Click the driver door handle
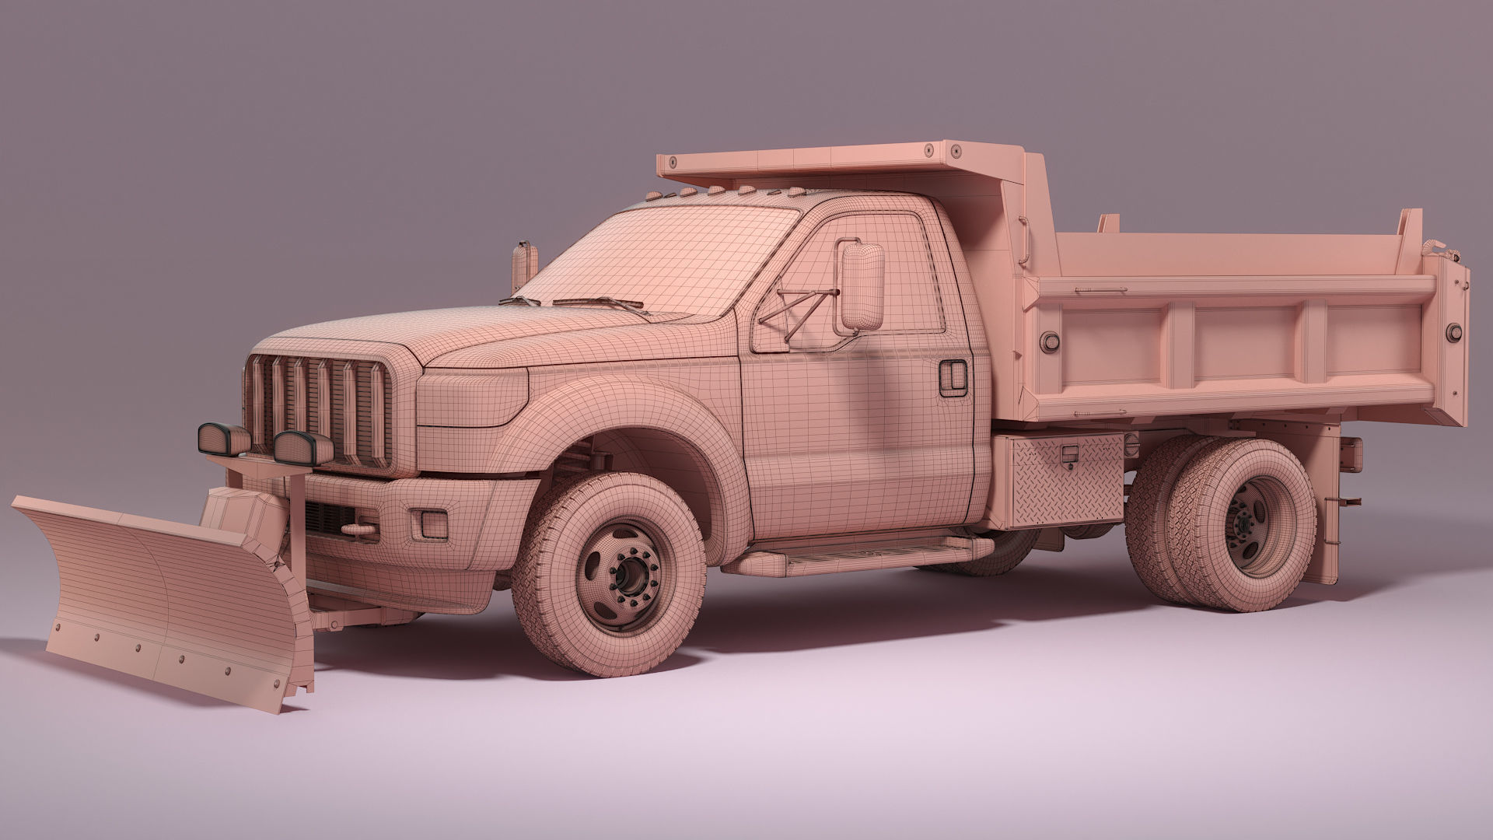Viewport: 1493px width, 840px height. pos(952,376)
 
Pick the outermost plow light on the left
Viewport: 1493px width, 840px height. pos(222,438)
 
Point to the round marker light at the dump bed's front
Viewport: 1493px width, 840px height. pos(1051,340)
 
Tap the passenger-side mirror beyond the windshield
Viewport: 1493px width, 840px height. pos(524,264)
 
